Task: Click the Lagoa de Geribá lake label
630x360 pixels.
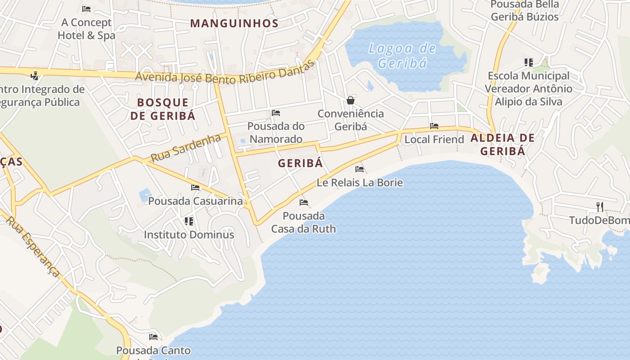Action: (402, 55)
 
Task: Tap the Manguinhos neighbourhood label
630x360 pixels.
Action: (234, 23)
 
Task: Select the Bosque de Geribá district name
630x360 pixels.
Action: (163, 109)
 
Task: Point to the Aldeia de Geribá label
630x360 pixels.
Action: (503, 144)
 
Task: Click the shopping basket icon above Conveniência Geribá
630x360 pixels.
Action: (351, 100)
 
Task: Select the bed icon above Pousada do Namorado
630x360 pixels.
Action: (276, 112)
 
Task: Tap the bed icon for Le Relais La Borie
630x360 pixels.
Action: (360, 169)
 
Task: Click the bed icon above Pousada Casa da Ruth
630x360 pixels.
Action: (304, 202)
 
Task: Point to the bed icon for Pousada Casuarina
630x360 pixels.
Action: (195, 188)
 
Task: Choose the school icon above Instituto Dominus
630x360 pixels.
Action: (189, 221)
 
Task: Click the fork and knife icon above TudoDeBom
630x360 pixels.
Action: (599, 207)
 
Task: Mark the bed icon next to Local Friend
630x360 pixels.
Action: (434, 126)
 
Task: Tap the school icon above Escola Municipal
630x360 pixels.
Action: (528, 63)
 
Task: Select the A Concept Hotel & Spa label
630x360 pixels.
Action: (86, 29)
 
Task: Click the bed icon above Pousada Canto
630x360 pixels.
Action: (153, 337)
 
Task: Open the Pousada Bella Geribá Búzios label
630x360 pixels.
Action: (525, 11)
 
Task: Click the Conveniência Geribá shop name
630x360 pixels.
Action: (351, 120)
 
